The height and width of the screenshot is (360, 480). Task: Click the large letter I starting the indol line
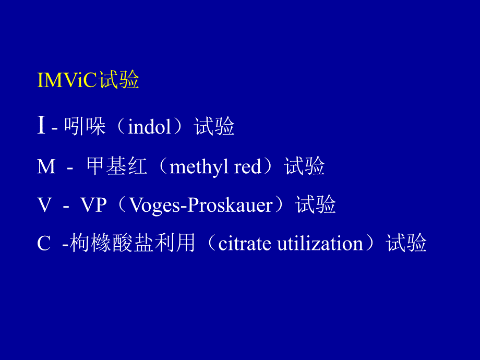[41, 126]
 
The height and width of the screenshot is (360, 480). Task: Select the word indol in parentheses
[150, 127]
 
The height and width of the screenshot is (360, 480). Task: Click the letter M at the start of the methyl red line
[46, 167]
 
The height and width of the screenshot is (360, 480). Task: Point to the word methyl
[200, 167]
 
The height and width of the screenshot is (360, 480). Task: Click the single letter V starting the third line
[44, 205]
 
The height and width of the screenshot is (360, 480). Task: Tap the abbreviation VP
[93, 205]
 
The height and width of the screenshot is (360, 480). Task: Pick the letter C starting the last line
[44, 244]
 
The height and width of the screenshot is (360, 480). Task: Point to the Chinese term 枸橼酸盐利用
[133, 243]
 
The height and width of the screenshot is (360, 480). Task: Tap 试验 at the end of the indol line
[214, 127]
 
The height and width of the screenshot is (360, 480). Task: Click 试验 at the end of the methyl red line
[305, 166]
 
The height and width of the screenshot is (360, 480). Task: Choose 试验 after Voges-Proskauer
[316, 205]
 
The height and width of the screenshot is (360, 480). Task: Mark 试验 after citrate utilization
[406, 243]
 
